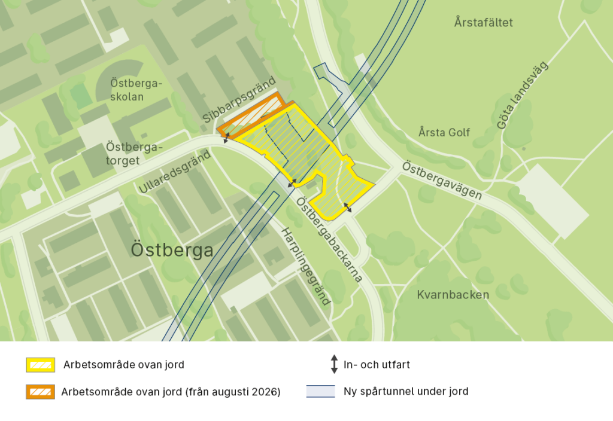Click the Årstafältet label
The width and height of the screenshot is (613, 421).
tap(484, 23)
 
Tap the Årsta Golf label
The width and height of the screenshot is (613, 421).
tap(444, 132)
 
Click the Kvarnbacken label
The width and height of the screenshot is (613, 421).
tap(453, 294)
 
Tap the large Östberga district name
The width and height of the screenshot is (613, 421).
tap(172, 250)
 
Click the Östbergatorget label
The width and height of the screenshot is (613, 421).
tap(131, 153)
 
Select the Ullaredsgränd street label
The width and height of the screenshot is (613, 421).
tap(175, 171)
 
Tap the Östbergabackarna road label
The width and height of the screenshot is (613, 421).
tap(329, 239)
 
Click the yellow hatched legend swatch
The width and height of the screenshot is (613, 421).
tap(40, 364)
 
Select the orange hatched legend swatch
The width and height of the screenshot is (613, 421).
tap(40, 392)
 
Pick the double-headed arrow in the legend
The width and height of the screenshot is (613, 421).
tap(334, 364)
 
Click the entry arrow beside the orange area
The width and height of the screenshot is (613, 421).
tap(226, 138)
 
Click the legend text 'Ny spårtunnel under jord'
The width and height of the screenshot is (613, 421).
tap(406, 392)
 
